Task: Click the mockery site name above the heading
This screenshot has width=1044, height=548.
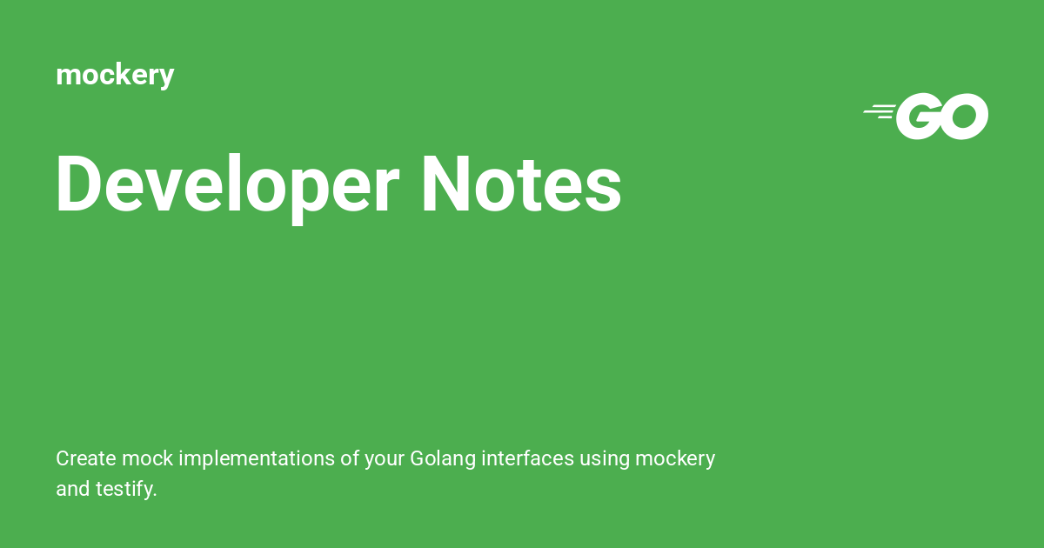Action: [115, 75]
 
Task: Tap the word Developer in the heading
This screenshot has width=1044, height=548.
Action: [227, 184]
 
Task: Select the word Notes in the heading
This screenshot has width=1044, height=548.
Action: [520, 184]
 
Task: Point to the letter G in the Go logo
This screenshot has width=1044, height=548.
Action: [920, 117]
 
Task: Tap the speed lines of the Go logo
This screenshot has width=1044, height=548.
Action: [880, 110]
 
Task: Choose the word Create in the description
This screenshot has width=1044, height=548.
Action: [86, 458]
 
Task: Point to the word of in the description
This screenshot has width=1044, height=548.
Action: [350, 458]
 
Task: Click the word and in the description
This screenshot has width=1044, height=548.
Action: [72, 489]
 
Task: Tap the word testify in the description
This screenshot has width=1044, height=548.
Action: [127, 489]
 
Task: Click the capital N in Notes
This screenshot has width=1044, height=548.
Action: [444, 184]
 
